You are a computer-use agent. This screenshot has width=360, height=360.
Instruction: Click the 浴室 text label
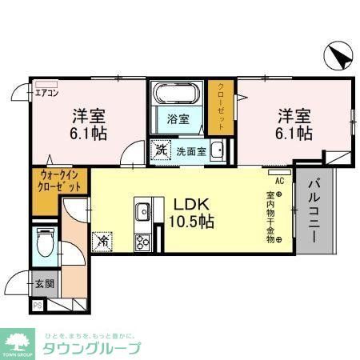(x=178, y=120)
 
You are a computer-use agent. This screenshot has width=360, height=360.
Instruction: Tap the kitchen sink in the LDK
(x=143, y=212)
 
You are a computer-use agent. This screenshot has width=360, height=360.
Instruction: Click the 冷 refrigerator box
(x=102, y=238)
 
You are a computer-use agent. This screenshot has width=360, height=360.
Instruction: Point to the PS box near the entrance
(x=37, y=305)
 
